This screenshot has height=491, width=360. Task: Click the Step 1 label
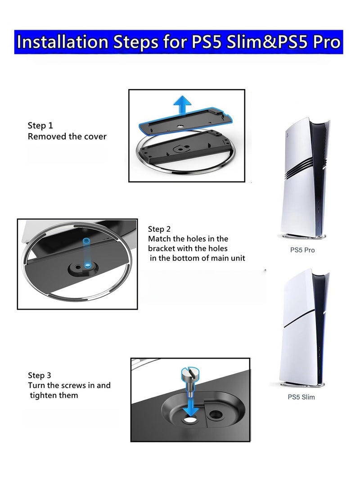tap(43, 126)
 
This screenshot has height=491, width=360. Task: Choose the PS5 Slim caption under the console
tap(301, 397)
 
